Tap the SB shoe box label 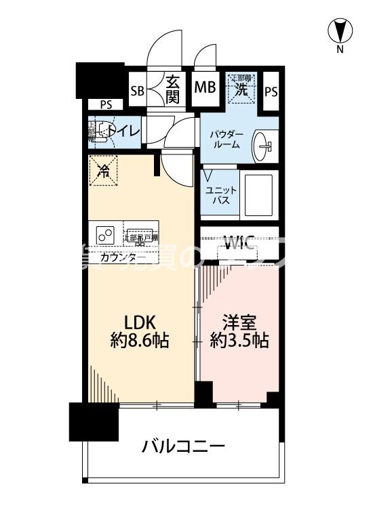pos(137,90)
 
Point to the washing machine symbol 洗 pos(240,87)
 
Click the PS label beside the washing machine pos(271,91)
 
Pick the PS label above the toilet pos(105,104)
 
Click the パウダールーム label pos(225,140)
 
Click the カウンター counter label pos(122,257)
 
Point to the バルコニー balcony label pos(183,446)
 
